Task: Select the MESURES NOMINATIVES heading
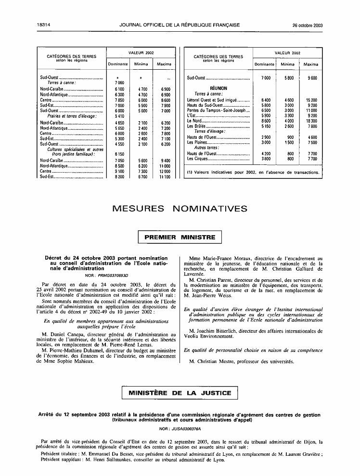click(x=180, y=209)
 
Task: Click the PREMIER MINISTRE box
click(x=180, y=238)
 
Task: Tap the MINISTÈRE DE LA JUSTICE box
click(x=180, y=393)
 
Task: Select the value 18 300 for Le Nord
click(x=311, y=121)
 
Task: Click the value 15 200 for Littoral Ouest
click(x=311, y=100)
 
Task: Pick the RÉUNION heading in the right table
click(x=218, y=88)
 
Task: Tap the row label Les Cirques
click(x=197, y=158)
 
